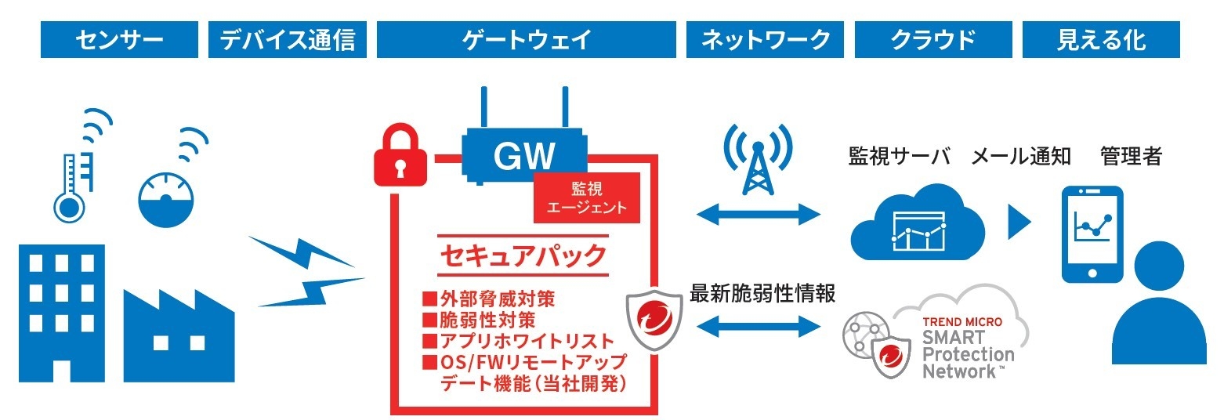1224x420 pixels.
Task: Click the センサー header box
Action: pyautogui.click(x=119, y=40)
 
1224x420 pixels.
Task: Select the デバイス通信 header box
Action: pyautogui.click(x=288, y=40)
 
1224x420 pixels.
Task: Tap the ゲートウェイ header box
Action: pyautogui.click(x=526, y=40)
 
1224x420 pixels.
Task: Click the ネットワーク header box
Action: pyautogui.click(x=765, y=40)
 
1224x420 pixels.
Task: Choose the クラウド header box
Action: pyautogui.click(x=932, y=40)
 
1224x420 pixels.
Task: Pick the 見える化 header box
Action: pyautogui.click(x=1101, y=40)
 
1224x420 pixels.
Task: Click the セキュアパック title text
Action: pyautogui.click(x=522, y=255)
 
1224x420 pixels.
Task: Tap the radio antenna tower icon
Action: pyautogui.click(x=756, y=160)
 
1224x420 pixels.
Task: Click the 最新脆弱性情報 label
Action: pyautogui.click(x=762, y=293)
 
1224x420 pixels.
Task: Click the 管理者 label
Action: pyautogui.click(x=1130, y=156)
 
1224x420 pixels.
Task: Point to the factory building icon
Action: pyautogui.click(x=177, y=333)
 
